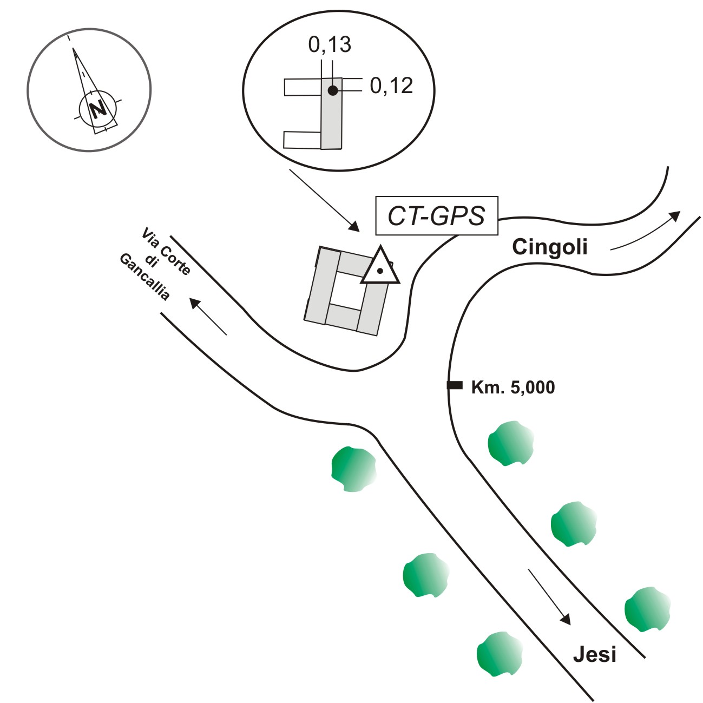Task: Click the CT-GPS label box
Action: pyautogui.click(x=436, y=216)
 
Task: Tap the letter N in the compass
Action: pyautogui.click(x=98, y=109)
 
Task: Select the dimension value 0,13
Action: pyautogui.click(x=330, y=45)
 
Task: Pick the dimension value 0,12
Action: pyautogui.click(x=391, y=86)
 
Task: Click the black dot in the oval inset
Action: pyautogui.click(x=332, y=90)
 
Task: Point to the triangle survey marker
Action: pyautogui.click(x=380, y=268)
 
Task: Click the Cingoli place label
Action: pyautogui.click(x=549, y=247)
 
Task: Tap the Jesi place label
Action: pyautogui.click(x=594, y=654)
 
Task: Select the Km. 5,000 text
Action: pyautogui.click(x=513, y=387)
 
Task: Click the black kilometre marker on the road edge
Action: pyautogui.click(x=454, y=385)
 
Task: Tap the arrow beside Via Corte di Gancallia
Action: pyautogui.click(x=208, y=317)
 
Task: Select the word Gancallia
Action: pyautogui.click(x=144, y=277)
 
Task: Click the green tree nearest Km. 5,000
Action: pyautogui.click(x=510, y=443)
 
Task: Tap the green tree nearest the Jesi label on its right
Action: pyautogui.click(x=647, y=609)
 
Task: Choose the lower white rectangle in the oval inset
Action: pyautogui.click(x=302, y=140)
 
